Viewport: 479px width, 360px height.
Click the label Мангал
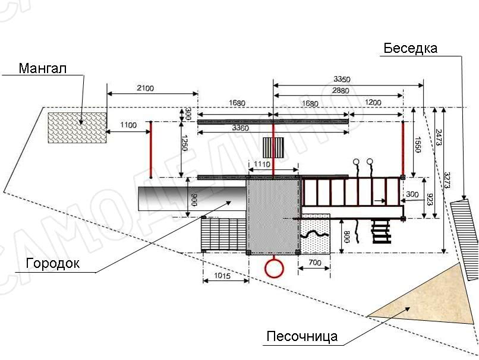[x=43, y=68]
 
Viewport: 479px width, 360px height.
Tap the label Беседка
[x=410, y=48]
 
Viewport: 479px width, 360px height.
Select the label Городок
[x=52, y=264]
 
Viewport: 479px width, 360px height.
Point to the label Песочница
[x=302, y=337]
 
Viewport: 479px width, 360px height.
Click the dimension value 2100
[x=145, y=88]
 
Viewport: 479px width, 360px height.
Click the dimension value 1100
[x=128, y=125]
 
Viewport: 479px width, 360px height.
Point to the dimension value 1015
[x=226, y=276]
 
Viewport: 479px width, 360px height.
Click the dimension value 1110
[x=262, y=165]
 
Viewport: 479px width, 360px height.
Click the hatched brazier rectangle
[x=77, y=127]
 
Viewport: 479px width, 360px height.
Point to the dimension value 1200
[x=373, y=103]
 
